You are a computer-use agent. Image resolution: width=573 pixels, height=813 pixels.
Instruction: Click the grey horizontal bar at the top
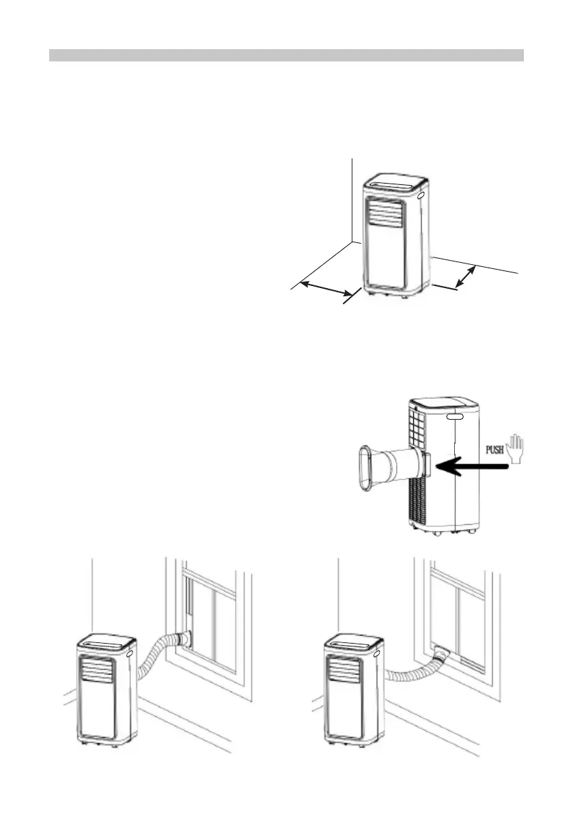coord(286,55)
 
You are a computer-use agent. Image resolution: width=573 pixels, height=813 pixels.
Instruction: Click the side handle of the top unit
coord(420,195)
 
